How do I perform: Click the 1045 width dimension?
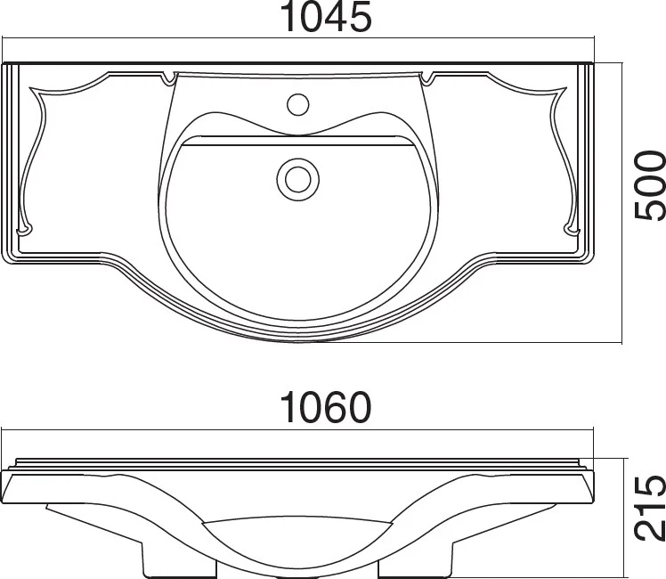click(326, 18)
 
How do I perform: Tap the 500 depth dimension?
click(650, 186)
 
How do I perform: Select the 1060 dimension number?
click(326, 407)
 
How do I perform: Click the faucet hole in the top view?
click(297, 104)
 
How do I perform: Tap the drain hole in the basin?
click(297, 179)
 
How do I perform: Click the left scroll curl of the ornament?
click(25, 230)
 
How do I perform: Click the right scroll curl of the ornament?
click(572, 230)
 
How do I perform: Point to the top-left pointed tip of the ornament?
click(30, 88)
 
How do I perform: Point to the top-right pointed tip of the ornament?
click(566, 88)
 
